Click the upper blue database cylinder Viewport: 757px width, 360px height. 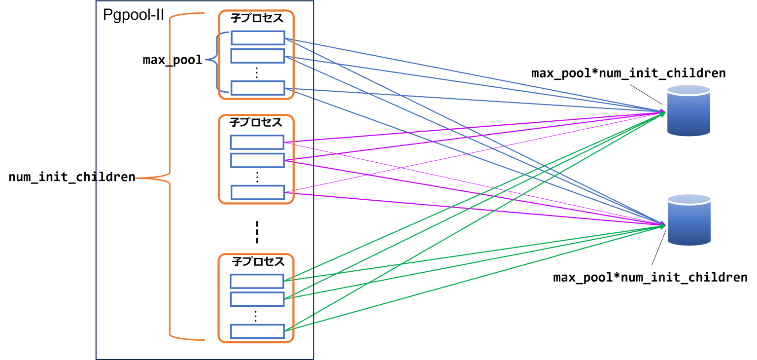(x=688, y=111)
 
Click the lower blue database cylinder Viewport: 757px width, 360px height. (x=689, y=220)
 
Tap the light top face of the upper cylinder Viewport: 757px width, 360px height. (x=688, y=90)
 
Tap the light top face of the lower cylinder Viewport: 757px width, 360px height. (x=689, y=199)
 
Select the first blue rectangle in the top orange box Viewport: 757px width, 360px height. (x=258, y=38)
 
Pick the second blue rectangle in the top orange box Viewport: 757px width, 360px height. (x=258, y=56)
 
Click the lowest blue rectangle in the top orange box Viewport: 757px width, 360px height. (x=258, y=88)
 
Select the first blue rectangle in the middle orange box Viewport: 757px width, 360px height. (x=257, y=143)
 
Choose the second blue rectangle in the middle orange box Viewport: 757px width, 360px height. (x=257, y=160)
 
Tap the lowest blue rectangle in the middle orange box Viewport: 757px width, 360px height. (x=258, y=192)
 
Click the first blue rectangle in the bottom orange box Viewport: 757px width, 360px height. (x=257, y=281)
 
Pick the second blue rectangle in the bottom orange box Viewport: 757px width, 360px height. (x=257, y=299)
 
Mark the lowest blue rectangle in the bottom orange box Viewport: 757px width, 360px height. (x=258, y=331)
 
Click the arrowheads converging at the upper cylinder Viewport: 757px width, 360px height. (x=662, y=112)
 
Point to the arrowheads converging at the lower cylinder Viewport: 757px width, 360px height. (x=662, y=225)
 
